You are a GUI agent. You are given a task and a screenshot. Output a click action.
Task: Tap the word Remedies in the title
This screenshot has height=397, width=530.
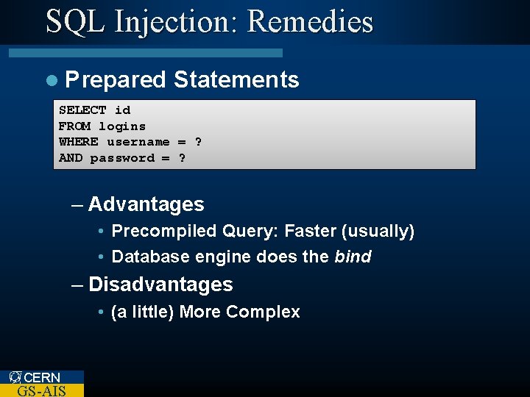coord(310,21)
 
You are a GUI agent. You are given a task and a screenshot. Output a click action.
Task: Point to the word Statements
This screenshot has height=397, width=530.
coord(236,79)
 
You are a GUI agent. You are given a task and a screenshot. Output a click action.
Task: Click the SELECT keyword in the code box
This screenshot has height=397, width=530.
coord(82,110)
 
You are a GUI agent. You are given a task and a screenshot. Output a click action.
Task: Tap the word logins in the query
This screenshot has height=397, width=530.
coord(122,126)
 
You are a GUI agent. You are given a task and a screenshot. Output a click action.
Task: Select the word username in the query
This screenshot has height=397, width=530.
coord(138,142)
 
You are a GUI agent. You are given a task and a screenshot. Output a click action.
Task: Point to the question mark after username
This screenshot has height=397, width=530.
coord(198,142)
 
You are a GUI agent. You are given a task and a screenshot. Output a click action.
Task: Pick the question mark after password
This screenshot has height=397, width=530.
coord(182,158)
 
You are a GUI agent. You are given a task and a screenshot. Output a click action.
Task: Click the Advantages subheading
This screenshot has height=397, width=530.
coord(146,204)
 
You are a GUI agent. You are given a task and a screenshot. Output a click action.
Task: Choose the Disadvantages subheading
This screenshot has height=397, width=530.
coord(160,285)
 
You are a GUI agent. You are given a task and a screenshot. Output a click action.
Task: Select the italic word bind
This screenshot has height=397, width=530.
coord(353,257)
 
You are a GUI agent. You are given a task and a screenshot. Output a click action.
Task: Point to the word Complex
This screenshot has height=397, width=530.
coord(263,312)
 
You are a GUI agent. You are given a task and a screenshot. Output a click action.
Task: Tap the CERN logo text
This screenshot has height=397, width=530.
coord(41,378)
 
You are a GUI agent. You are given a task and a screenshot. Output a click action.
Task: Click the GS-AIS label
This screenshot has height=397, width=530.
coord(41,390)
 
